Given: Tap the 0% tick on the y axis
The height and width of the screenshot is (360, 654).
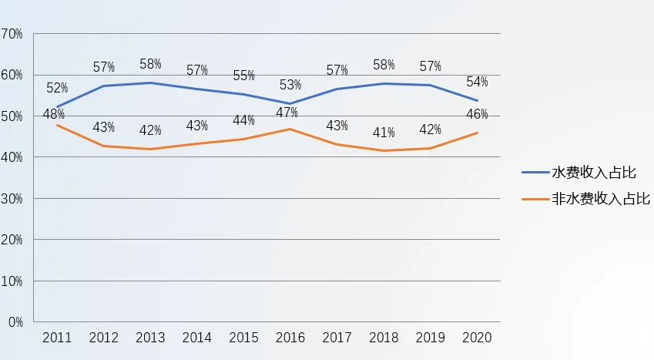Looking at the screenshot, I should pos(15,321).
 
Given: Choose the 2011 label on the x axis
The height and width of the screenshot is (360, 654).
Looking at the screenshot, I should pos(57,338).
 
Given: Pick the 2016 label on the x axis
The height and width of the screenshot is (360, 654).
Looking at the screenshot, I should pos(290,338).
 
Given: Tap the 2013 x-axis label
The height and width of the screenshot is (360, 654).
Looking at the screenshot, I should pos(150,338).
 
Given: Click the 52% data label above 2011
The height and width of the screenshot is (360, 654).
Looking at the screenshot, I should pos(57,89).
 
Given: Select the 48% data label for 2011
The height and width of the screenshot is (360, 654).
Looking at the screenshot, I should pos(53,115).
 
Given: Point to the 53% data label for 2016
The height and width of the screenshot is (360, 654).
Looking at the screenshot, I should pos(290,84).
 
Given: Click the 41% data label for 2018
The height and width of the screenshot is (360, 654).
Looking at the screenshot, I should pos(384,132).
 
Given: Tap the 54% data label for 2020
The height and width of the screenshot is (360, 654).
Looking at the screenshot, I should pos(477,82).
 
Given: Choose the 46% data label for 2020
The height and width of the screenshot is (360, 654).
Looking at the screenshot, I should pos(477,115).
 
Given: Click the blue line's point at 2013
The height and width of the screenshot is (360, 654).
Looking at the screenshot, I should pos(150,82).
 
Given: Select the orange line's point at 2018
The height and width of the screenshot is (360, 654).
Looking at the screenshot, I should pos(384,150).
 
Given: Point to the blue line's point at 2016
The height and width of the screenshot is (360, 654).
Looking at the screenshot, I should pos(290,103).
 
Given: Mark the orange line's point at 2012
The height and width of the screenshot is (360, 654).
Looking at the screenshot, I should pos(103,146).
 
